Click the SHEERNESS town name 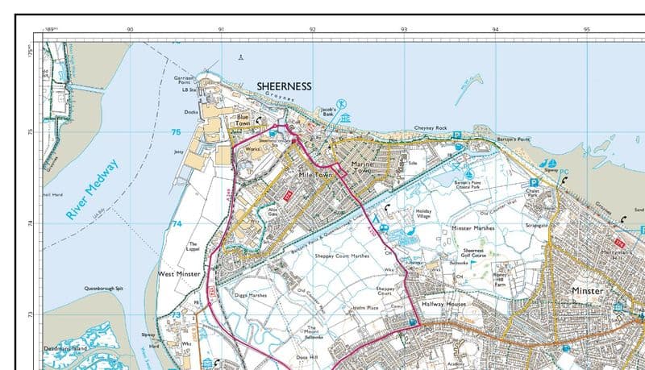(x=284, y=85)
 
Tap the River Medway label (x=92, y=190)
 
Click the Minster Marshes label (x=472, y=229)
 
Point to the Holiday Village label (x=423, y=214)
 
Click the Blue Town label (x=241, y=119)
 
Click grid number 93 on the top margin (x=403, y=30)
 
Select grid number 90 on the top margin (x=130, y=30)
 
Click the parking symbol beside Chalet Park (x=534, y=182)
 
